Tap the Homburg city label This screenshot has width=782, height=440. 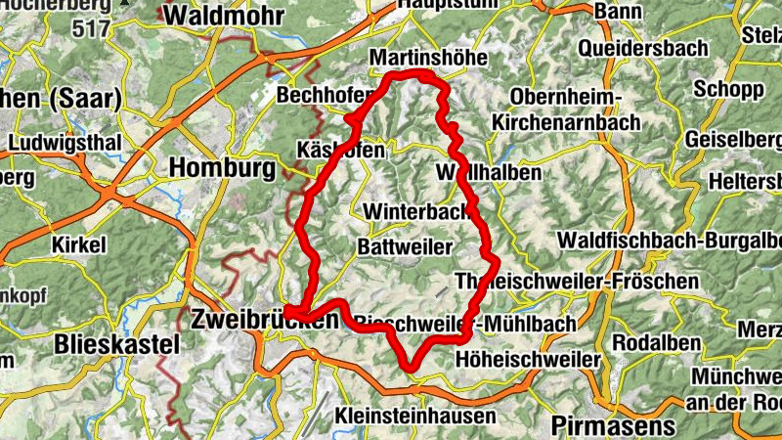(x=223, y=168)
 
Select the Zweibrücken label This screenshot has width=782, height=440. (x=266, y=319)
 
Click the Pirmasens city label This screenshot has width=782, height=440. (x=613, y=425)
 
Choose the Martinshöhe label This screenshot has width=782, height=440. (x=428, y=59)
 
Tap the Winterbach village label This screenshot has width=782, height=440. (x=410, y=211)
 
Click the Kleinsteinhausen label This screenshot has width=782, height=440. (x=414, y=414)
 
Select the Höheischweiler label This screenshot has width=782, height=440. (x=528, y=360)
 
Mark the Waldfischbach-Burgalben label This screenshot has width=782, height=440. (x=670, y=241)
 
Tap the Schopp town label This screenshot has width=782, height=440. (x=728, y=89)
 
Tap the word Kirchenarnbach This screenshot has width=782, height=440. (x=566, y=123)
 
